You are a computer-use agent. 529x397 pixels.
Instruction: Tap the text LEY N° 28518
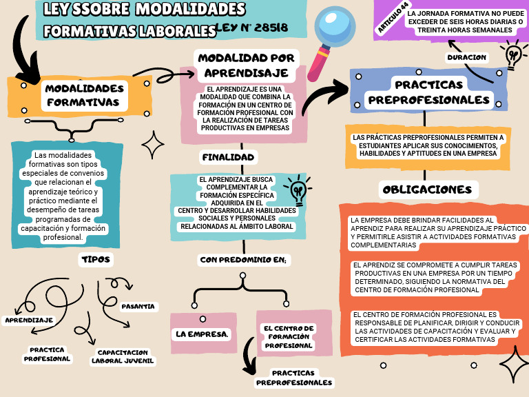[x=252, y=28]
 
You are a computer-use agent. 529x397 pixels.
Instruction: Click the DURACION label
[x=466, y=57]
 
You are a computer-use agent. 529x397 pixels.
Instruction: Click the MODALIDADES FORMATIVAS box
[x=80, y=96]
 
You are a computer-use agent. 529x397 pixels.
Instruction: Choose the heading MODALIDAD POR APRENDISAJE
[x=246, y=65]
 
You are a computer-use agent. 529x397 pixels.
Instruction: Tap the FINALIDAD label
[x=228, y=157]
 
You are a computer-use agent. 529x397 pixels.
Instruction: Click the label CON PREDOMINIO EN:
[x=243, y=260]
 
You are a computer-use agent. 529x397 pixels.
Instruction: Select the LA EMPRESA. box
[x=201, y=334]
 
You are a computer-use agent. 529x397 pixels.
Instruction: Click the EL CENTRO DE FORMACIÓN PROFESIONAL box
[x=289, y=336]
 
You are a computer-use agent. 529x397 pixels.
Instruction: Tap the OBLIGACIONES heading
[x=427, y=189]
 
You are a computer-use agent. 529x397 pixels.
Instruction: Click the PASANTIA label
[x=138, y=306]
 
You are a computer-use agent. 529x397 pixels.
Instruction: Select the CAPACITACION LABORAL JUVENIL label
[x=124, y=356]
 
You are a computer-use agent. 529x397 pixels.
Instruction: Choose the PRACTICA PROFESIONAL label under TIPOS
[x=48, y=354]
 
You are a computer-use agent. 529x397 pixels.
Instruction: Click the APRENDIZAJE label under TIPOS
[x=29, y=320]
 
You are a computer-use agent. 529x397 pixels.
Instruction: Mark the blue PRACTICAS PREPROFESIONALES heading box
[x=428, y=92]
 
